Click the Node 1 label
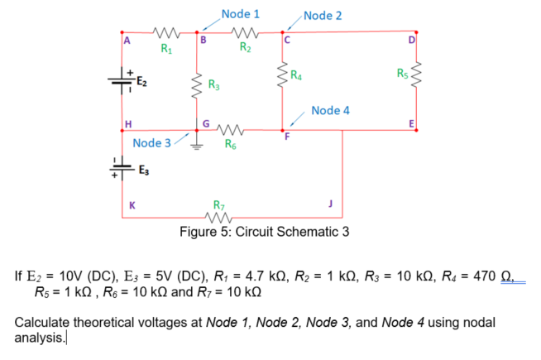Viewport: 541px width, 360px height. click(x=240, y=14)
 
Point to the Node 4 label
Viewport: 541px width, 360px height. click(x=331, y=111)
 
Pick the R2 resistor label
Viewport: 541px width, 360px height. click(x=246, y=47)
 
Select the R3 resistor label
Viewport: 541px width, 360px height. click(x=213, y=84)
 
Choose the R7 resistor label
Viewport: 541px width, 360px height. click(x=218, y=204)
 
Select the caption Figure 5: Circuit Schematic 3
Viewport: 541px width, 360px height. click(x=265, y=231)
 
